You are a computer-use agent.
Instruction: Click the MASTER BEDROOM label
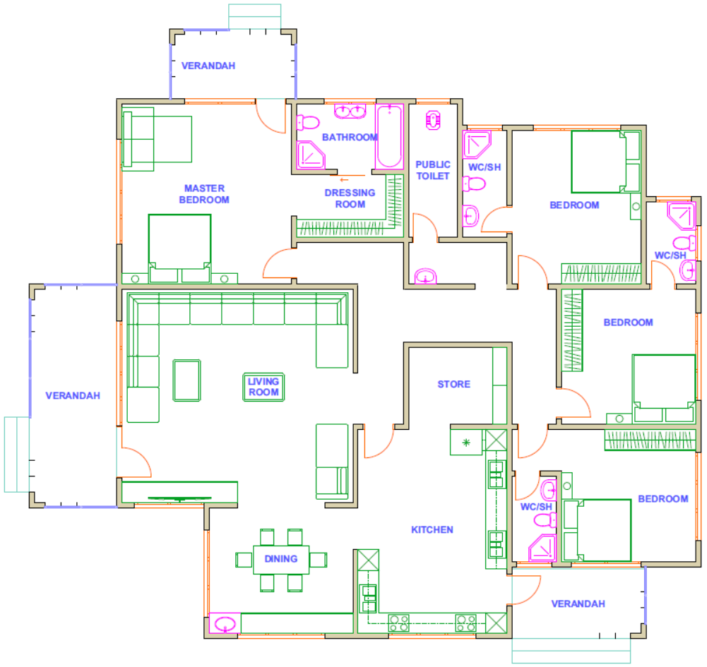[x=204, y=194]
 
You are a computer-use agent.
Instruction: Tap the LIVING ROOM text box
[x=263, y=387]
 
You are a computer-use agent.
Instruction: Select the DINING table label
[x=281, y=559]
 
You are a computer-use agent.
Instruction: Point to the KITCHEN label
[x=432, y=529]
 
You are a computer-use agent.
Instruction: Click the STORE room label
[x=453, y=384]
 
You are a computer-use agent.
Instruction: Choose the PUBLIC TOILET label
[x=433, y=170]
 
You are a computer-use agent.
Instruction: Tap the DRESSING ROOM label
[x=350, y=198]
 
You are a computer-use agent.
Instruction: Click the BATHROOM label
[x=350, y=137]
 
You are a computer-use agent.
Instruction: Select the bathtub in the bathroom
[x=390, y=136]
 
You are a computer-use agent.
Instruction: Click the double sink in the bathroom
[x=350, y=111]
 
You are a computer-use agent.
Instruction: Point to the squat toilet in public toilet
[x=433, y=120]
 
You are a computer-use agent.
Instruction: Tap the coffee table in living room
[x=186, y=380]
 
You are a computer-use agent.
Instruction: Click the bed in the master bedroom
[x=179, y=248]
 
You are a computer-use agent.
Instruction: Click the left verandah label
[x=73, y=396]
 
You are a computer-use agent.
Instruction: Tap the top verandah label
[x=208, y=66]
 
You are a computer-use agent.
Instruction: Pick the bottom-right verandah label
[x=578, y=604]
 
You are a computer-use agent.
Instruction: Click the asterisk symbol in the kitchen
[x=466, y=443]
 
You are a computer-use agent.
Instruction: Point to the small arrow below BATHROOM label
[x=344, y=180]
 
